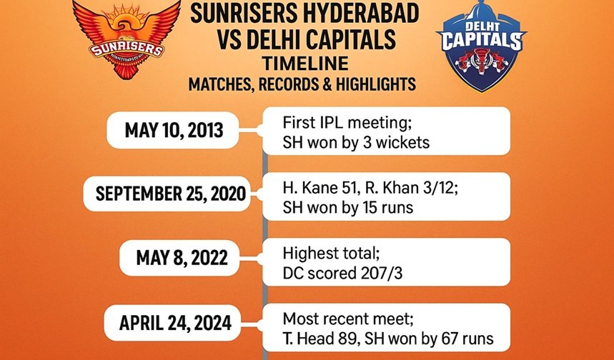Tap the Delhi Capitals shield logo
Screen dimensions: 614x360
(x=481, y=46)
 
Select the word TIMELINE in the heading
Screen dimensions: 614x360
(x=305, y=64)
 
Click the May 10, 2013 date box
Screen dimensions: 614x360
(x=173, y=130)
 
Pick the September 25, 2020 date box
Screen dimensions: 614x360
(x=167, y=194)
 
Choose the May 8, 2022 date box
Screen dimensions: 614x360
(x=179, y=258)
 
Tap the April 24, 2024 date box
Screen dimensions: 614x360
(x=172, y=323)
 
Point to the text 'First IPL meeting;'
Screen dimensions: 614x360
(x=347, y=122)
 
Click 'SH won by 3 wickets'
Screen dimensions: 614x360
(x=356, y=142)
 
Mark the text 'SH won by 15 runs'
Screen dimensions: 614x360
(x=347, y=207)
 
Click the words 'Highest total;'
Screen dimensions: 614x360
(x=331, y=253)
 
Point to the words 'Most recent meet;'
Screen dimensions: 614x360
(x=347, y=319)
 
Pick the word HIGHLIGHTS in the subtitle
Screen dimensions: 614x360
(x=375, y=84)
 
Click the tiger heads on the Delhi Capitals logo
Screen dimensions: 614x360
(x=482, y=61)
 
